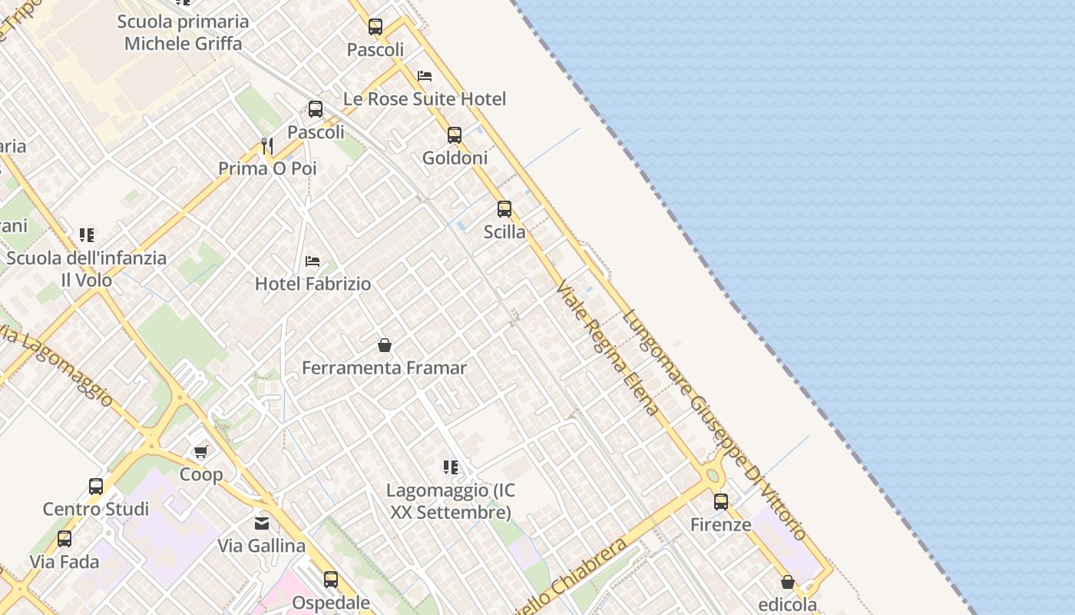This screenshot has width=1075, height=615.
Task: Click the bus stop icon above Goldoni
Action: tap(455, 135)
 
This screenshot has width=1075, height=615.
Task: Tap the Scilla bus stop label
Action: tap(504, 232)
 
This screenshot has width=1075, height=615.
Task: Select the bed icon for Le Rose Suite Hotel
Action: tap(425, 76)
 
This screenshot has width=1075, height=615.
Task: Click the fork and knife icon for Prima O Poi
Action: tap(267, 145)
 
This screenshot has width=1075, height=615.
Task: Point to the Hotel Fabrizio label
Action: tap(313, 284)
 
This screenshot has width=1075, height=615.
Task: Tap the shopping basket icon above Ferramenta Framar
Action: tap(385, 345)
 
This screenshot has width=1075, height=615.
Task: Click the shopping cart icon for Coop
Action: tap(200, 451)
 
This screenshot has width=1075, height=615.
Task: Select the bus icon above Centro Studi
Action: tap(96, 486)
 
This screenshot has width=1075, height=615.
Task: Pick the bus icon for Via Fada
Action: tap(64, 539)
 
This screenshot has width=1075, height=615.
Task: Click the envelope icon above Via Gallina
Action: tap(262, 524)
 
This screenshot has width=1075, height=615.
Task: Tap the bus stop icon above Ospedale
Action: tap(331, 579)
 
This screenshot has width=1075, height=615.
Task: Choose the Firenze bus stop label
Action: tap(720, 525)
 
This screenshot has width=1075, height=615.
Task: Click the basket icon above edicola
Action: tap(787, 582)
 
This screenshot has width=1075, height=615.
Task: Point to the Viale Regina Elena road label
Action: tap(607, 348)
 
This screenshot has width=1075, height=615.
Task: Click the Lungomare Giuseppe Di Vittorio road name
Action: tap(714, 424)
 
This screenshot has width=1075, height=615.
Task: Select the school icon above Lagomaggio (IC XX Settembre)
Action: tap(451, 467)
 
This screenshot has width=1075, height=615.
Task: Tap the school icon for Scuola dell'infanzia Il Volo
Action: tap(87, 234)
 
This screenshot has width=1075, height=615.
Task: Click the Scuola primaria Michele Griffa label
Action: tap(183, 32)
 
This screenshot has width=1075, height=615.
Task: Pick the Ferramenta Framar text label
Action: tap(384, 368)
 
